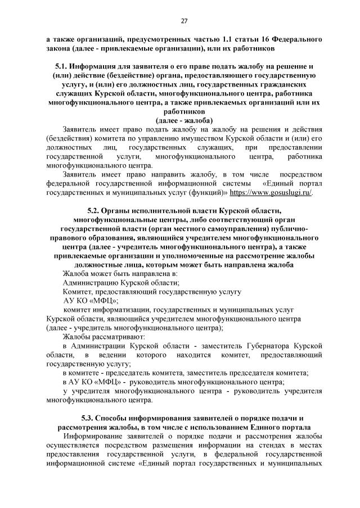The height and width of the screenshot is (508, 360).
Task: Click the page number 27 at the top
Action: coord(184,21)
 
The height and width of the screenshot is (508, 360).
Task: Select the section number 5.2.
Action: coord(100,210)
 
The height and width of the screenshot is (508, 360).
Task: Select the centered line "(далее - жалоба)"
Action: coord(184,120)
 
